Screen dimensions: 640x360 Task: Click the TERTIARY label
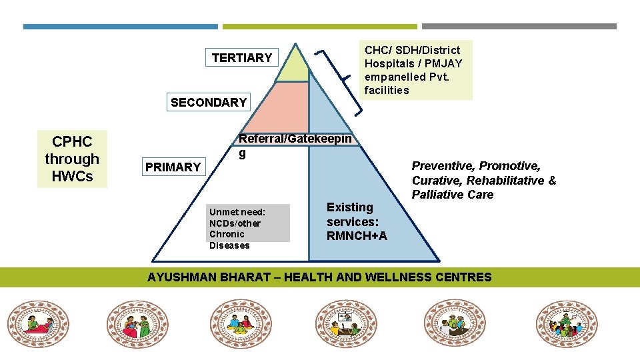pyautogui.click(x=241, y=58)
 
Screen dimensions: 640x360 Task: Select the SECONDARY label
pyautogui.click(x=209, y=103)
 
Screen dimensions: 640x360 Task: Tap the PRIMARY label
pyautogui.click(x=173, y=167)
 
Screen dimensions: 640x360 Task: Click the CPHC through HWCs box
pyautogui.click(x=72, y=159)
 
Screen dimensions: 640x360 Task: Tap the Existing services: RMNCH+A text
pyautogui.click(x=356, y=222)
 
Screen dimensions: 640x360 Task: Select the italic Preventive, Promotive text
pyautogui.click(x=483, y=180)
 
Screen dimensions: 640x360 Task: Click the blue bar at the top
pyautogui.click(x=121, y=27)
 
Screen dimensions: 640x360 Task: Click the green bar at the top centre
pyautogui.click(x=319, y=27)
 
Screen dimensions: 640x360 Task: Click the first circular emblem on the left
pyautogui.click(x=39, y=323)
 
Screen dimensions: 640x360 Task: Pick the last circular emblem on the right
pyautogui.click(x=567, y=323)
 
